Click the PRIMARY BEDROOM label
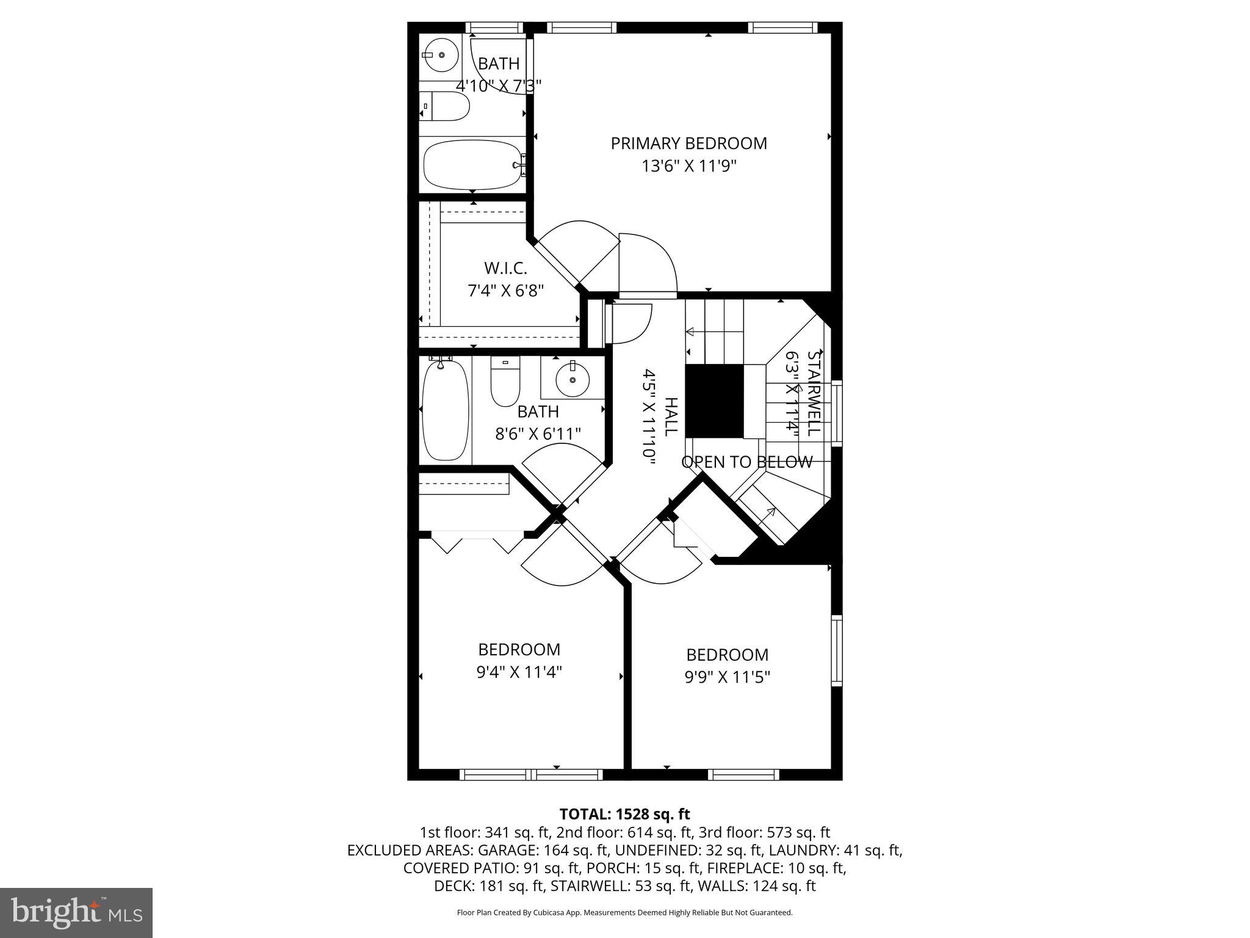pos(688,144)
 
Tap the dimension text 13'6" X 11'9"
pos(689,166)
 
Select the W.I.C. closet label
pos(505,268)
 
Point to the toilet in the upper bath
pos(446,107)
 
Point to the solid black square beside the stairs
pos(714,401)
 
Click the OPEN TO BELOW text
pos(747,462)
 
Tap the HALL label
pos(670,416)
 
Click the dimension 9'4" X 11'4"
pos(519,672)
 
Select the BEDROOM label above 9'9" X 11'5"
pos(727,655)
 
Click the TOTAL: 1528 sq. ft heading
pos(624,814)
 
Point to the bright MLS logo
pos(76,912)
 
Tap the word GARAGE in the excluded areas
pos(505,850)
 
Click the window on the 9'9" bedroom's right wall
pos(836,650)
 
